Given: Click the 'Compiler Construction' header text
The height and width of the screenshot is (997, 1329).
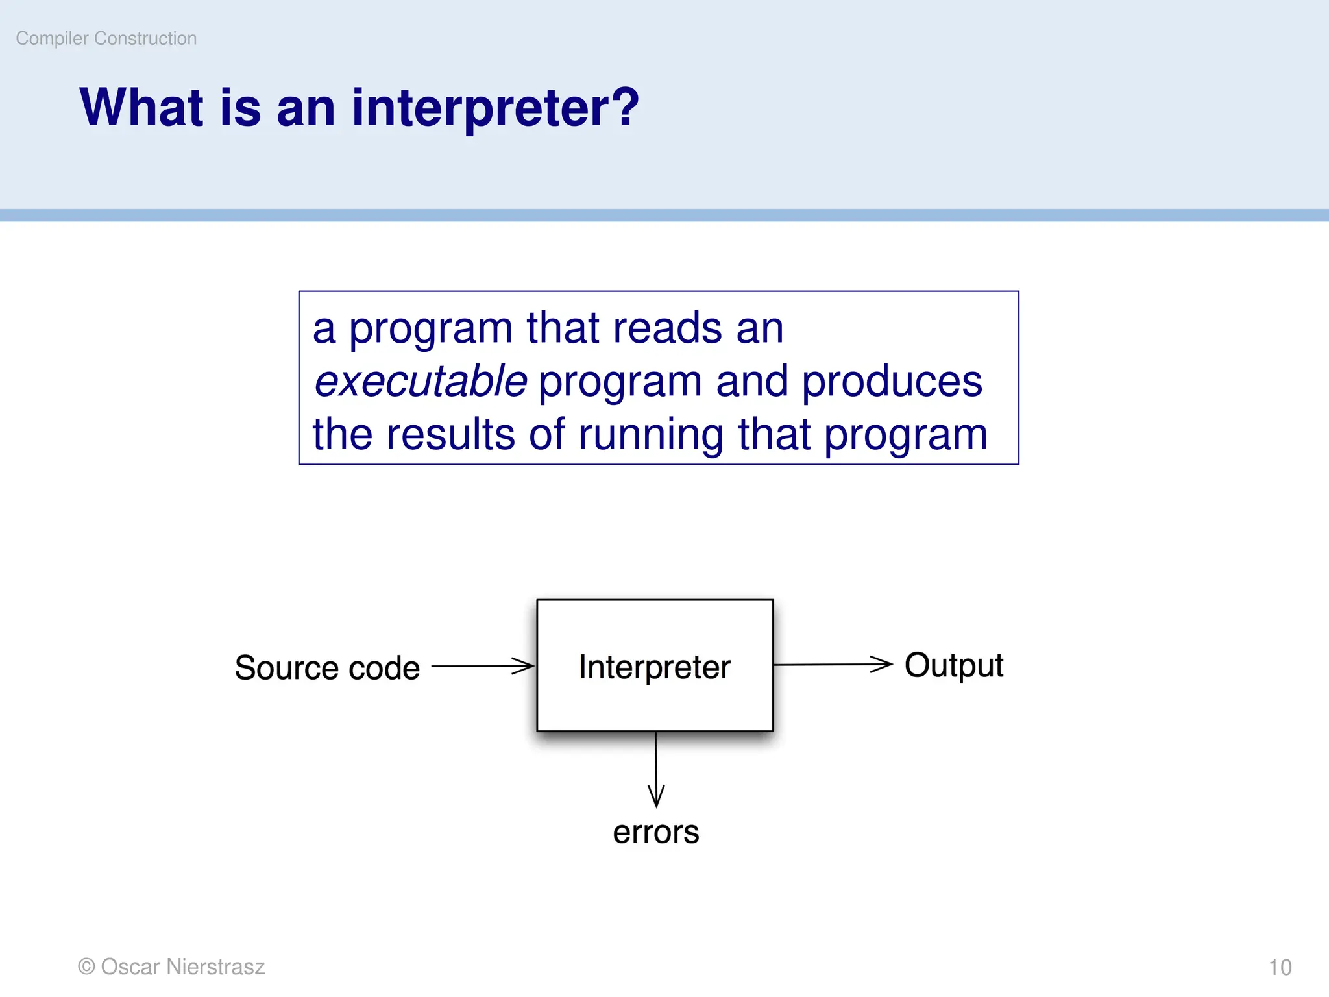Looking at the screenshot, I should (x=106, y=38).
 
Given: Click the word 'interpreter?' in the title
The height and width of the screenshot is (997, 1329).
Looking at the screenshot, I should (x=495, y=108).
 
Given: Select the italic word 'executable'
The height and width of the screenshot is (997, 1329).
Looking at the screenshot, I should (x=421, y=381).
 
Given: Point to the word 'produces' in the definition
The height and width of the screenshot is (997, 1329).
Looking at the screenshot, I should (x=892, y=381).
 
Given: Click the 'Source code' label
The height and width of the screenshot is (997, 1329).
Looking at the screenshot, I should (x=327, y=668).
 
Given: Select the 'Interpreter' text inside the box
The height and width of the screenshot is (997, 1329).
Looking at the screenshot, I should (x=654, y=667).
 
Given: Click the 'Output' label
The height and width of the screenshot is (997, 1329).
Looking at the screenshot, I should (x=953, y=666).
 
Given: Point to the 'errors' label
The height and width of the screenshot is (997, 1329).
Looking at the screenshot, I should (x=655, y=833).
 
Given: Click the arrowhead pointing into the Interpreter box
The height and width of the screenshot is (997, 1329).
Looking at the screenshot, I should (x=523, y=666).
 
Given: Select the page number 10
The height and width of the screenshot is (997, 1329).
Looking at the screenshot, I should (x=1280, y=967).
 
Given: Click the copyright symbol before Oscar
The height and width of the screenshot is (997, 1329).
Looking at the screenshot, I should (x=86, y=966).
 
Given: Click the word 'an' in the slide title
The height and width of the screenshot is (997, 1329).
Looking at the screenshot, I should (x=306, y=108).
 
